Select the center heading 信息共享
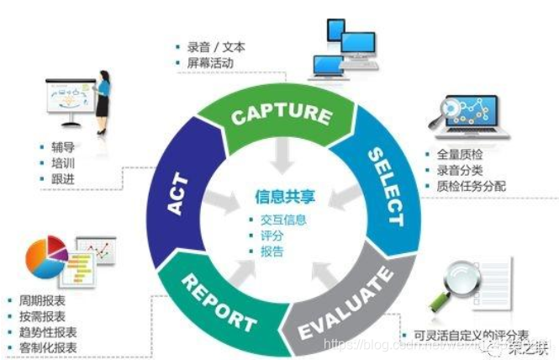point(279,198)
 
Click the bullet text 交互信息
point(284,220)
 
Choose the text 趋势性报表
point(47,331)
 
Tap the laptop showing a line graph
point(473,115)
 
